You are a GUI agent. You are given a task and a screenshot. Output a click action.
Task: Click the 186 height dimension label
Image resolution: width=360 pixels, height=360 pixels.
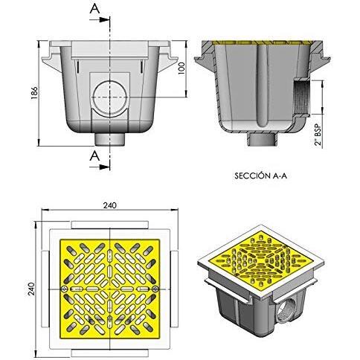(34, 93)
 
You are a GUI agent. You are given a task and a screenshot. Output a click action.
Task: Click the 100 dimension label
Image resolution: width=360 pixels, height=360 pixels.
(181, 69)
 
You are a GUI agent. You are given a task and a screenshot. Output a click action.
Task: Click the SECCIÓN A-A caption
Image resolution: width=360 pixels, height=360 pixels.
(260, 176)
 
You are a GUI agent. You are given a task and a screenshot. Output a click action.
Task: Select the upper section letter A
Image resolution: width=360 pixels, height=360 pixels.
(94, 9)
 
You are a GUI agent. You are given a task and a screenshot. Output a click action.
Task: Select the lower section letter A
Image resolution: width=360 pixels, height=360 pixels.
(94, 156)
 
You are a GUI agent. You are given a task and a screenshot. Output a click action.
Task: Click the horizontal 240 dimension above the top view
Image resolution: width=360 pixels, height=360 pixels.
(110, 205)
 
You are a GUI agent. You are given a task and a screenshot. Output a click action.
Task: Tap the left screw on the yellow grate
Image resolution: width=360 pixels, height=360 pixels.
(65, 289)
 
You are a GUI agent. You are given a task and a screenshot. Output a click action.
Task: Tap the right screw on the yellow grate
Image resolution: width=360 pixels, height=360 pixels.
(155, 289)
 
